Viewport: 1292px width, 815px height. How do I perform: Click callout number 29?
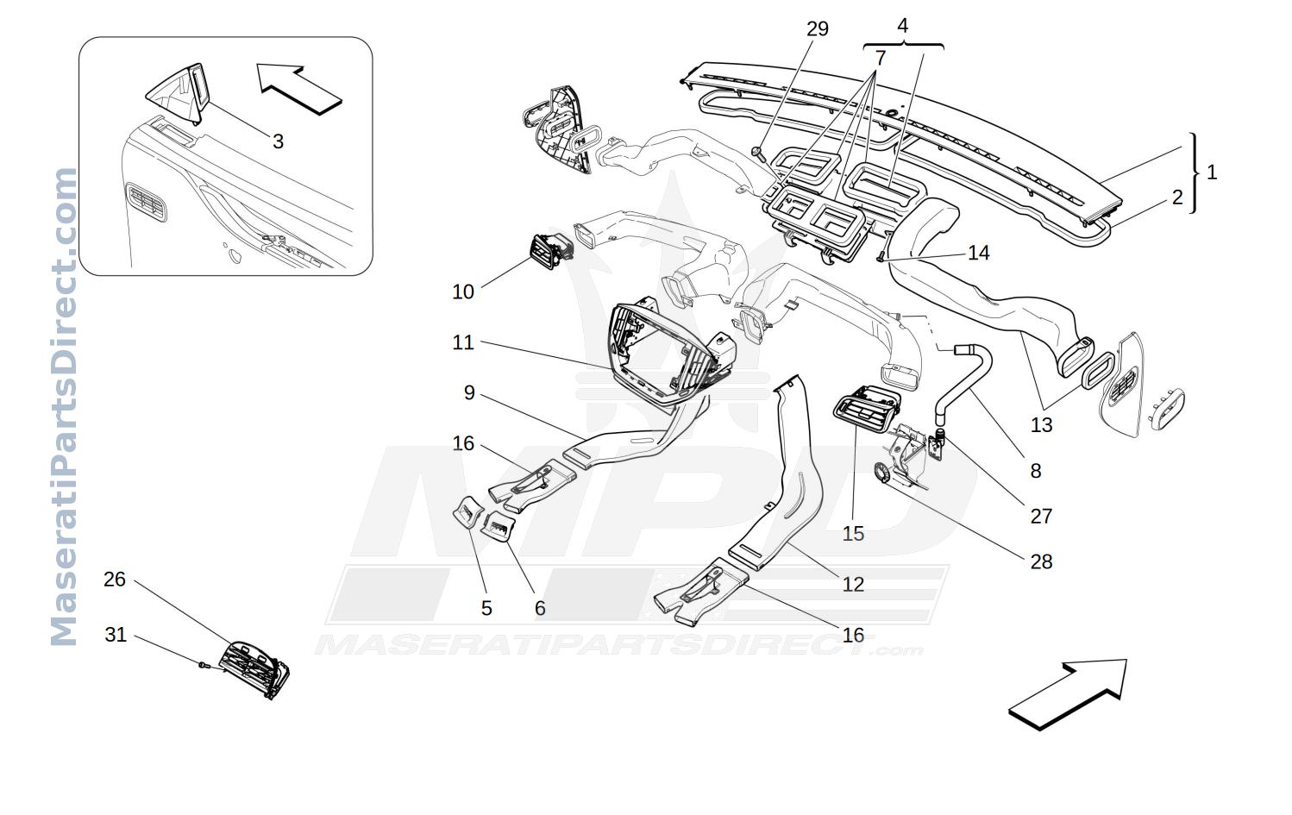817,28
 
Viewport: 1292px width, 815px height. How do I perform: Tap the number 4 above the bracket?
903,26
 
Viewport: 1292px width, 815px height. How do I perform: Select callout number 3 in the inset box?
278,141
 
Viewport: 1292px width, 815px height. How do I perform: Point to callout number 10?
462,292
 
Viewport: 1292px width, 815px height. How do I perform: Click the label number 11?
462,342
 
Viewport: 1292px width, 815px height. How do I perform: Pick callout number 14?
979,253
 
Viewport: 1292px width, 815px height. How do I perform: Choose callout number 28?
1041,561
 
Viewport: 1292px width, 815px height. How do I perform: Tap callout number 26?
114,579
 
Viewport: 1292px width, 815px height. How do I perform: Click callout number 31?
116,635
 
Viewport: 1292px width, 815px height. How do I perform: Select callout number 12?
853,584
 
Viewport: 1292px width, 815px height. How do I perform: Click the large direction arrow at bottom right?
1067,694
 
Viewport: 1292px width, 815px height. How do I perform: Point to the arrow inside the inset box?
299,90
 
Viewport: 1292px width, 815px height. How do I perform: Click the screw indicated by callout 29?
756,153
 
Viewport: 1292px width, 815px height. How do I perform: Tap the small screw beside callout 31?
202,664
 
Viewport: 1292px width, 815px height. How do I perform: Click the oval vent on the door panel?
147,202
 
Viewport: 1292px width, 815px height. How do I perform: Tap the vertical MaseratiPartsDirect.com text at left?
64,406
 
